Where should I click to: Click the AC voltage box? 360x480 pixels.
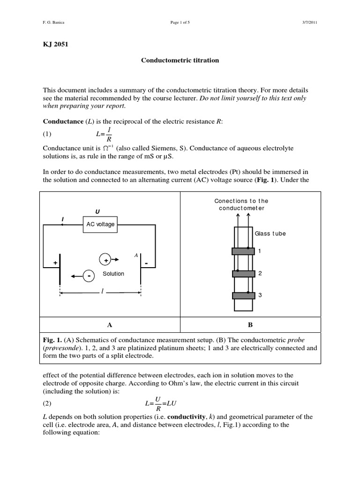pyautogui.click(x=100, y=224)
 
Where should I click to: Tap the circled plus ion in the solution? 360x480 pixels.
pyautogui.click(x=105, y=260)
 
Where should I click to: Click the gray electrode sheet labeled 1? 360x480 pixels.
pyautogui.click(x=243, y=251)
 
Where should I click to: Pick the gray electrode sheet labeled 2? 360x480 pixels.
pyautogui.click(x=243, y=273)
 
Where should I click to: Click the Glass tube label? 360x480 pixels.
pyautogui.click(x=270, y=233)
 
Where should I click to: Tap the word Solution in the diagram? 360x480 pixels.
pyautogui.click(x=113, y=274)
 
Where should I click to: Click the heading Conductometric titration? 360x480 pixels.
pyautogui.click(x=180, y=60)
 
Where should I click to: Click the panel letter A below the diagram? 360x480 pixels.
pyautogui.click(x=109, y=325)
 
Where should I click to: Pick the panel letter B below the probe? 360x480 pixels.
pyautogui.click(x=250, y=325)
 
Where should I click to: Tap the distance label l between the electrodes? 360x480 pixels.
pyautogui.click(x=102, y=292)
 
